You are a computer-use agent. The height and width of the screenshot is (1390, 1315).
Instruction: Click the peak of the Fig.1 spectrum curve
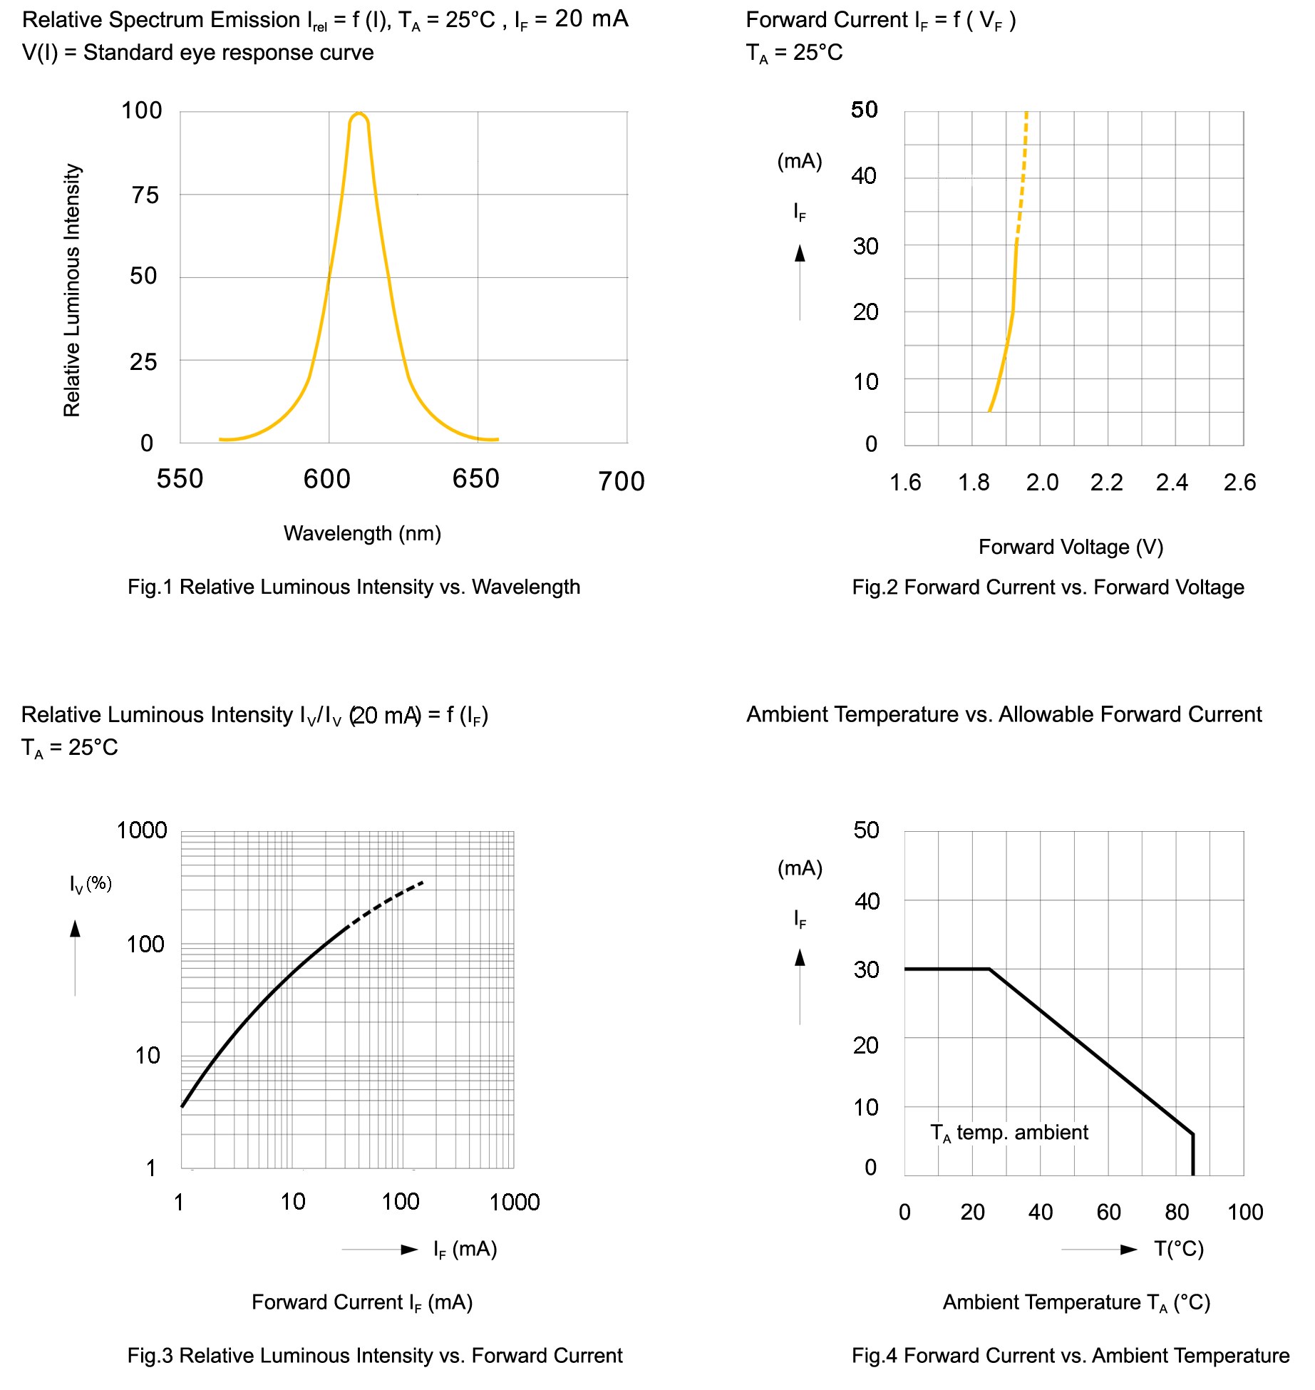pyautogui.click(x=359, y=114)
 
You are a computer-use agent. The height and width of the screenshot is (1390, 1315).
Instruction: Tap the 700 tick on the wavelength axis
pyautogui.click(x=621, y=482)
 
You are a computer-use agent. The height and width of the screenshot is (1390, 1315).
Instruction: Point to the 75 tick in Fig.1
pyautogui.click(x=145, y=195)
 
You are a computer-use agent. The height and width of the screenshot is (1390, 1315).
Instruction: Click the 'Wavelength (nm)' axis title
pyautogui.click(x=362, y=533)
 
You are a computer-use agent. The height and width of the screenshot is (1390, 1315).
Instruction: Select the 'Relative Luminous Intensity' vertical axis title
pyautogui.click(x=72, y=290)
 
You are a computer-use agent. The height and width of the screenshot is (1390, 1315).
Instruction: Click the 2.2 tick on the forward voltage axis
pyautogui.click(x=1106, y=483)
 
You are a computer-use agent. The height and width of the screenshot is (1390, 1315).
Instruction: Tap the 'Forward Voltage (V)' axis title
pyautogui.click(x=1071, y=547)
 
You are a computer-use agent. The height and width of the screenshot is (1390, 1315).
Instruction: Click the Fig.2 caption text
pyautogui.click(x=1048, y=587)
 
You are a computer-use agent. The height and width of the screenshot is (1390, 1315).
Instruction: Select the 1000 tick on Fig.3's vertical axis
pyautogui.click(x=142, y=830)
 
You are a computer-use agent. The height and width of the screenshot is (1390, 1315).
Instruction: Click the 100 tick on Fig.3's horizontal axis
pyautogui.click(x=400, y=1202)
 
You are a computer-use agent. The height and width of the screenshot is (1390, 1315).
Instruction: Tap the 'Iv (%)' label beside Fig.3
pyautogui.click(x=91, y=884)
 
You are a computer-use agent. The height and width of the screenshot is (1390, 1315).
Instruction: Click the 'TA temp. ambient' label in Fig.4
pyautogui.click(x=1009, y=1133)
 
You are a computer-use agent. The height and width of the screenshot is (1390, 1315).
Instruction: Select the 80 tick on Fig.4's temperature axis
pyautogui.click(x=1177, y=1212)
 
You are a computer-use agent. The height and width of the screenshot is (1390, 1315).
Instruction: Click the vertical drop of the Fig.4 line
pyautogui.click(x=1193, y=1155)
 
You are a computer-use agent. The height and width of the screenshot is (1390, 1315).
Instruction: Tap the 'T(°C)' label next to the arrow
pyautogui.click(x=1179, y=1249)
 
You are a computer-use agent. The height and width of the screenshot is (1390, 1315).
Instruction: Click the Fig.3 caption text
pyautogui.click(x=375, y=1355)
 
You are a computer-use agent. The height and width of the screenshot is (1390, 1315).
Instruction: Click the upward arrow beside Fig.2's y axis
pyautogui.click(x=800, y=254)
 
